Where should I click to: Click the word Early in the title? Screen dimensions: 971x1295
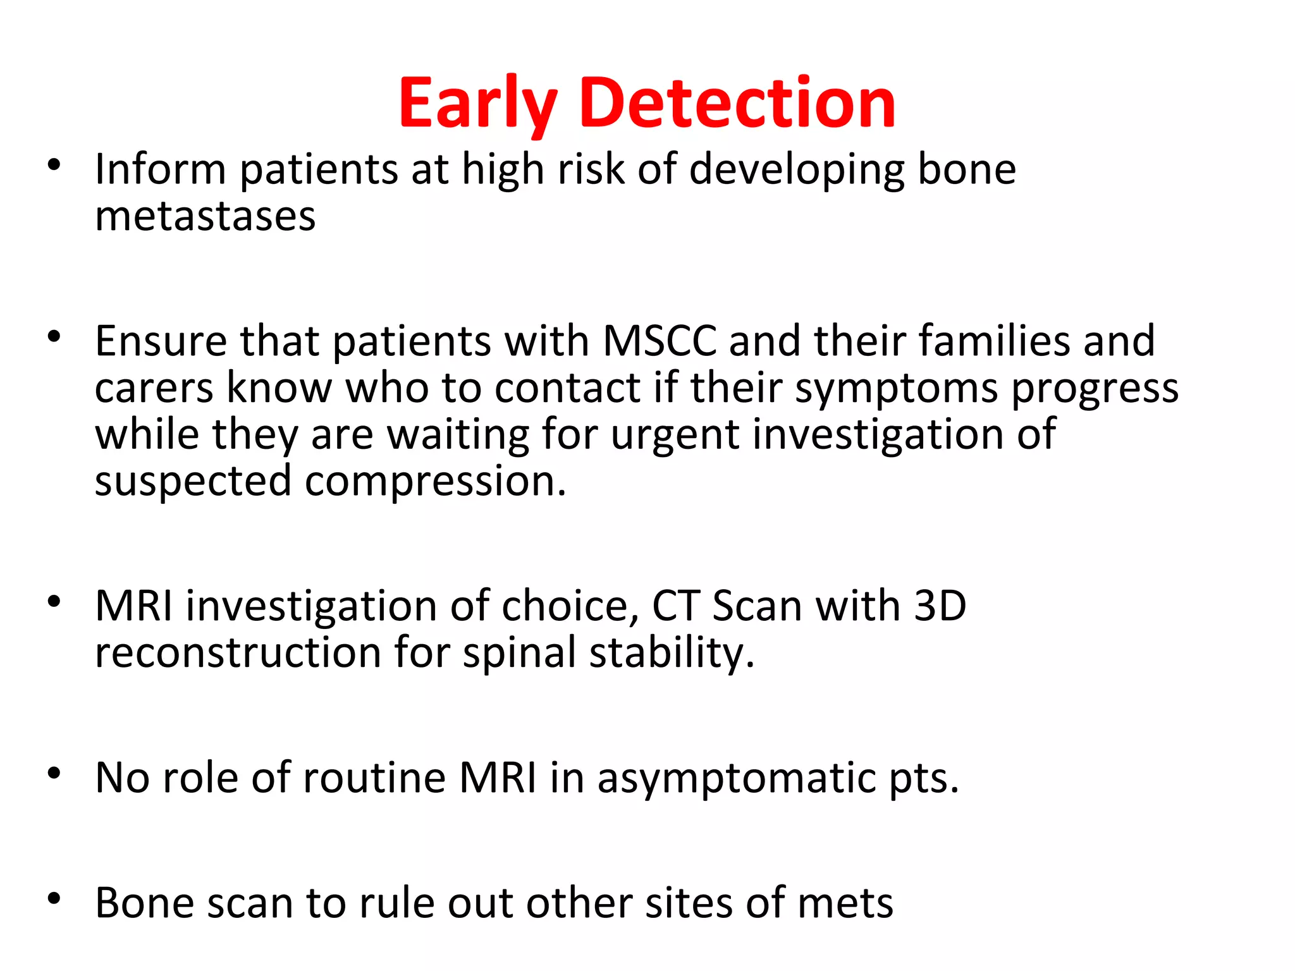click(x=477, y=104)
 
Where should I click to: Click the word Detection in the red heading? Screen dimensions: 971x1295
click(x=737, y=103)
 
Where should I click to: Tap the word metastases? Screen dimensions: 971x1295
click(x=205, y=216)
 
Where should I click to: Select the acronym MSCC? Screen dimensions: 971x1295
click(x=660, y=341)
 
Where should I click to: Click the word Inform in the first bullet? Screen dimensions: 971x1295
click(x=160, y=169)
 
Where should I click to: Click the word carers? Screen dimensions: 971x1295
click(x=154, y=388)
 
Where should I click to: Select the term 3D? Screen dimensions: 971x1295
click(x=940, y=606)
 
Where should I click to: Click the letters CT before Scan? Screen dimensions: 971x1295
click(x=675, y=606)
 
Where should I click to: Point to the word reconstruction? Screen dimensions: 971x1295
click(x=238, y=652)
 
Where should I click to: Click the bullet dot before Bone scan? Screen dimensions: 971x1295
click(x=54, y=898)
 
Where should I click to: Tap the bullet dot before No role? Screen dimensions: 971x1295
click(x=54, y=773)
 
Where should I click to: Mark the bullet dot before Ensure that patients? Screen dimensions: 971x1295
click(x=54, y=336)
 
